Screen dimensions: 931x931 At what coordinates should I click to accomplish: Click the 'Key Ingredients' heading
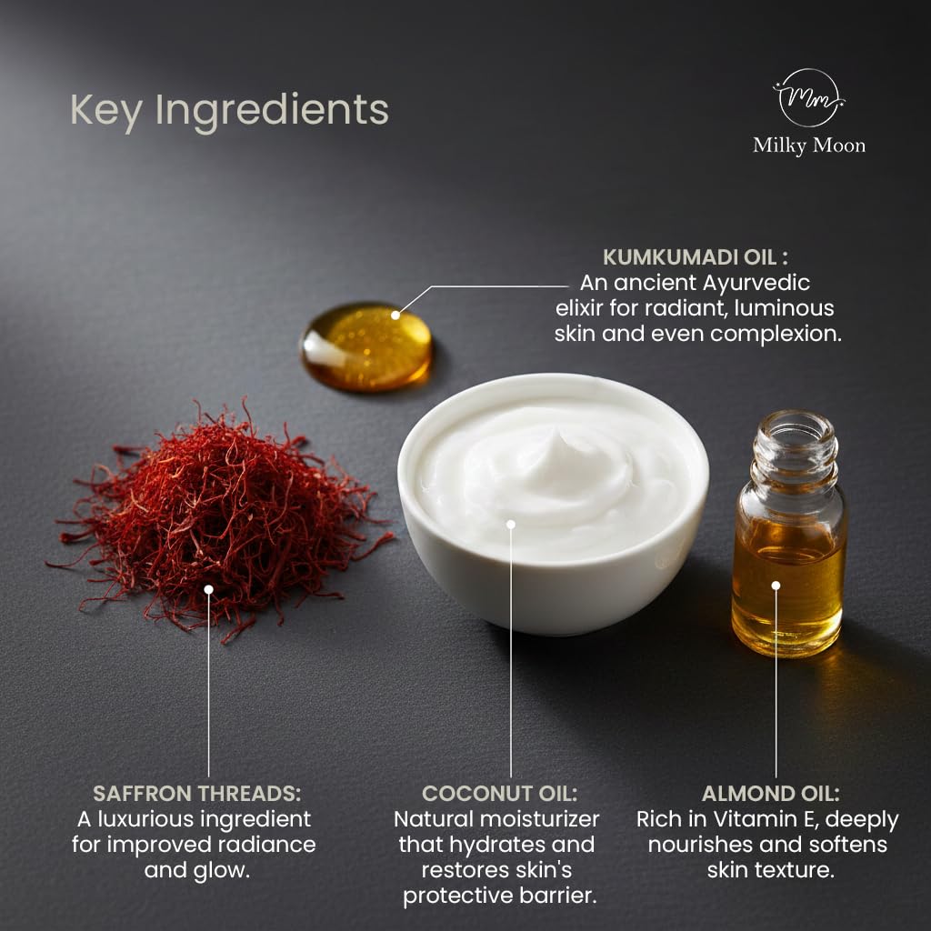click(229, 111)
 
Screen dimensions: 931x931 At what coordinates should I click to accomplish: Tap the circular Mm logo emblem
click(808, 97)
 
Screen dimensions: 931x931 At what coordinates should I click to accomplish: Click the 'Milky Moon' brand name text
click(808, 145)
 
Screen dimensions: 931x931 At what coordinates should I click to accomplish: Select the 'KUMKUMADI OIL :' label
click(696, 257)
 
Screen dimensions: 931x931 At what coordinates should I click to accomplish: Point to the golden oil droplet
click(367, 346)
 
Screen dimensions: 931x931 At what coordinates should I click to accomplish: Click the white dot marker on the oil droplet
click(395, 315)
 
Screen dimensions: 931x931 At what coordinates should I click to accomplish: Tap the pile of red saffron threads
click(220, 516)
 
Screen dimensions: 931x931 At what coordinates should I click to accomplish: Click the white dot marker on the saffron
click(208, 589)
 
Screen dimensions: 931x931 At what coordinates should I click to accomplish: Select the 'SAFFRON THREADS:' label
click(196, 793)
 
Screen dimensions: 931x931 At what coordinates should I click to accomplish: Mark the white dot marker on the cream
click(511, 525)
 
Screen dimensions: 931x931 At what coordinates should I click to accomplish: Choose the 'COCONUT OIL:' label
click(499, 793)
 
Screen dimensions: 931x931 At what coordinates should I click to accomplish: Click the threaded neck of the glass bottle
click(795, 448)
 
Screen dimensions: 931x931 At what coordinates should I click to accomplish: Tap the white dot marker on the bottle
click(776, 586)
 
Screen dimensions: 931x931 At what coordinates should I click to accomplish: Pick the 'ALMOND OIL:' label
click(770, 793)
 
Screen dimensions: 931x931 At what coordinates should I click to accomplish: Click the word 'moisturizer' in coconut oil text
click(539, 819)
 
